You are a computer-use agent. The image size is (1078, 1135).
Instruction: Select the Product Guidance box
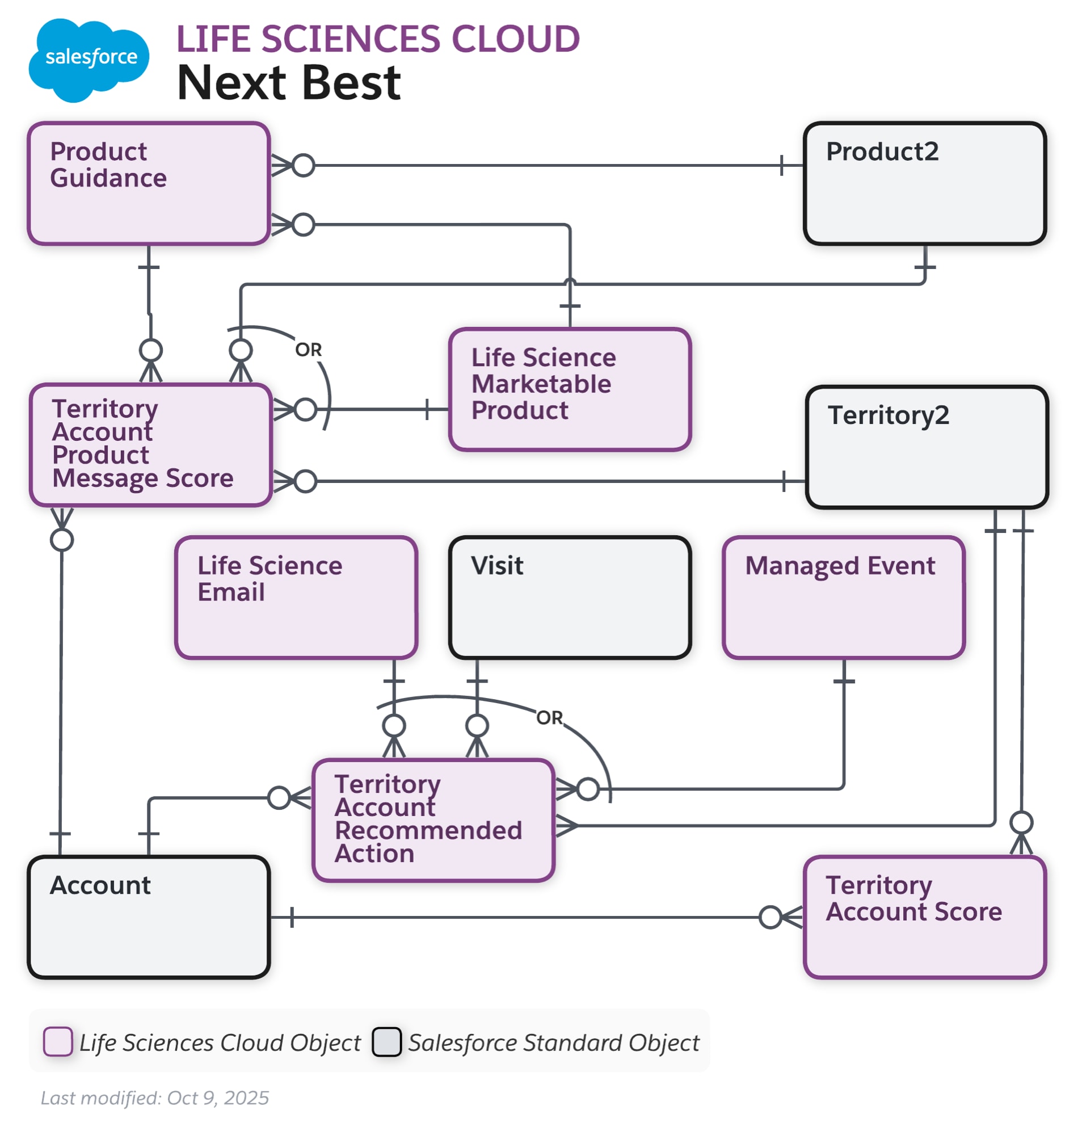tap(149, 183)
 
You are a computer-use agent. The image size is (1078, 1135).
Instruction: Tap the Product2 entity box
tap(924, 183)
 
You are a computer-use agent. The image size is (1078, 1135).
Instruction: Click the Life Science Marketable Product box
tap(570, 389)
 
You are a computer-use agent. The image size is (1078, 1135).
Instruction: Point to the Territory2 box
tap(927, 447)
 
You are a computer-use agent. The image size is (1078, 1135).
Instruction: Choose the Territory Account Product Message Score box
tap(150, 444)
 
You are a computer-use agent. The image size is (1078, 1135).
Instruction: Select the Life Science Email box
tap(296, 597)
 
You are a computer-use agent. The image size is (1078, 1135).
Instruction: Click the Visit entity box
tap(570, 597)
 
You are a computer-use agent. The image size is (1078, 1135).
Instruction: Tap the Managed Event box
tap(843, 597)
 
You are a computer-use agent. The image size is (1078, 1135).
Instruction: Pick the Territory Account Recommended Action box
tap(433, 819)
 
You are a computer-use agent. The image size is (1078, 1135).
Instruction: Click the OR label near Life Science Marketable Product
tap(308, 350)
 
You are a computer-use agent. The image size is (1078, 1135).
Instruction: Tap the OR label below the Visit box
tap(549, 717)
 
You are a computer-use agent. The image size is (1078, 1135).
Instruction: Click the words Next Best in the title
tap(288, 83)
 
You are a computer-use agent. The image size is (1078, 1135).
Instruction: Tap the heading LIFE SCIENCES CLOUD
tap(377, 39)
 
